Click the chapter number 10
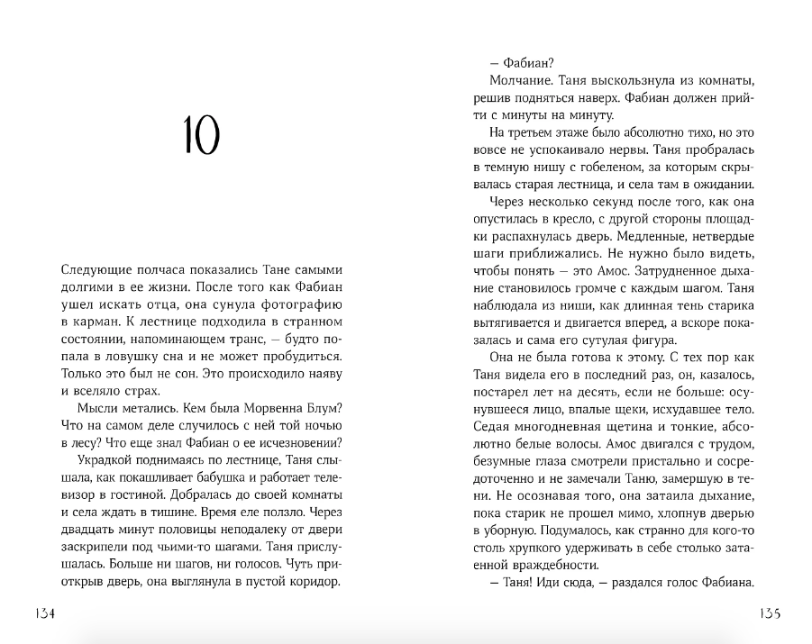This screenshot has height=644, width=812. coord(201,136)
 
